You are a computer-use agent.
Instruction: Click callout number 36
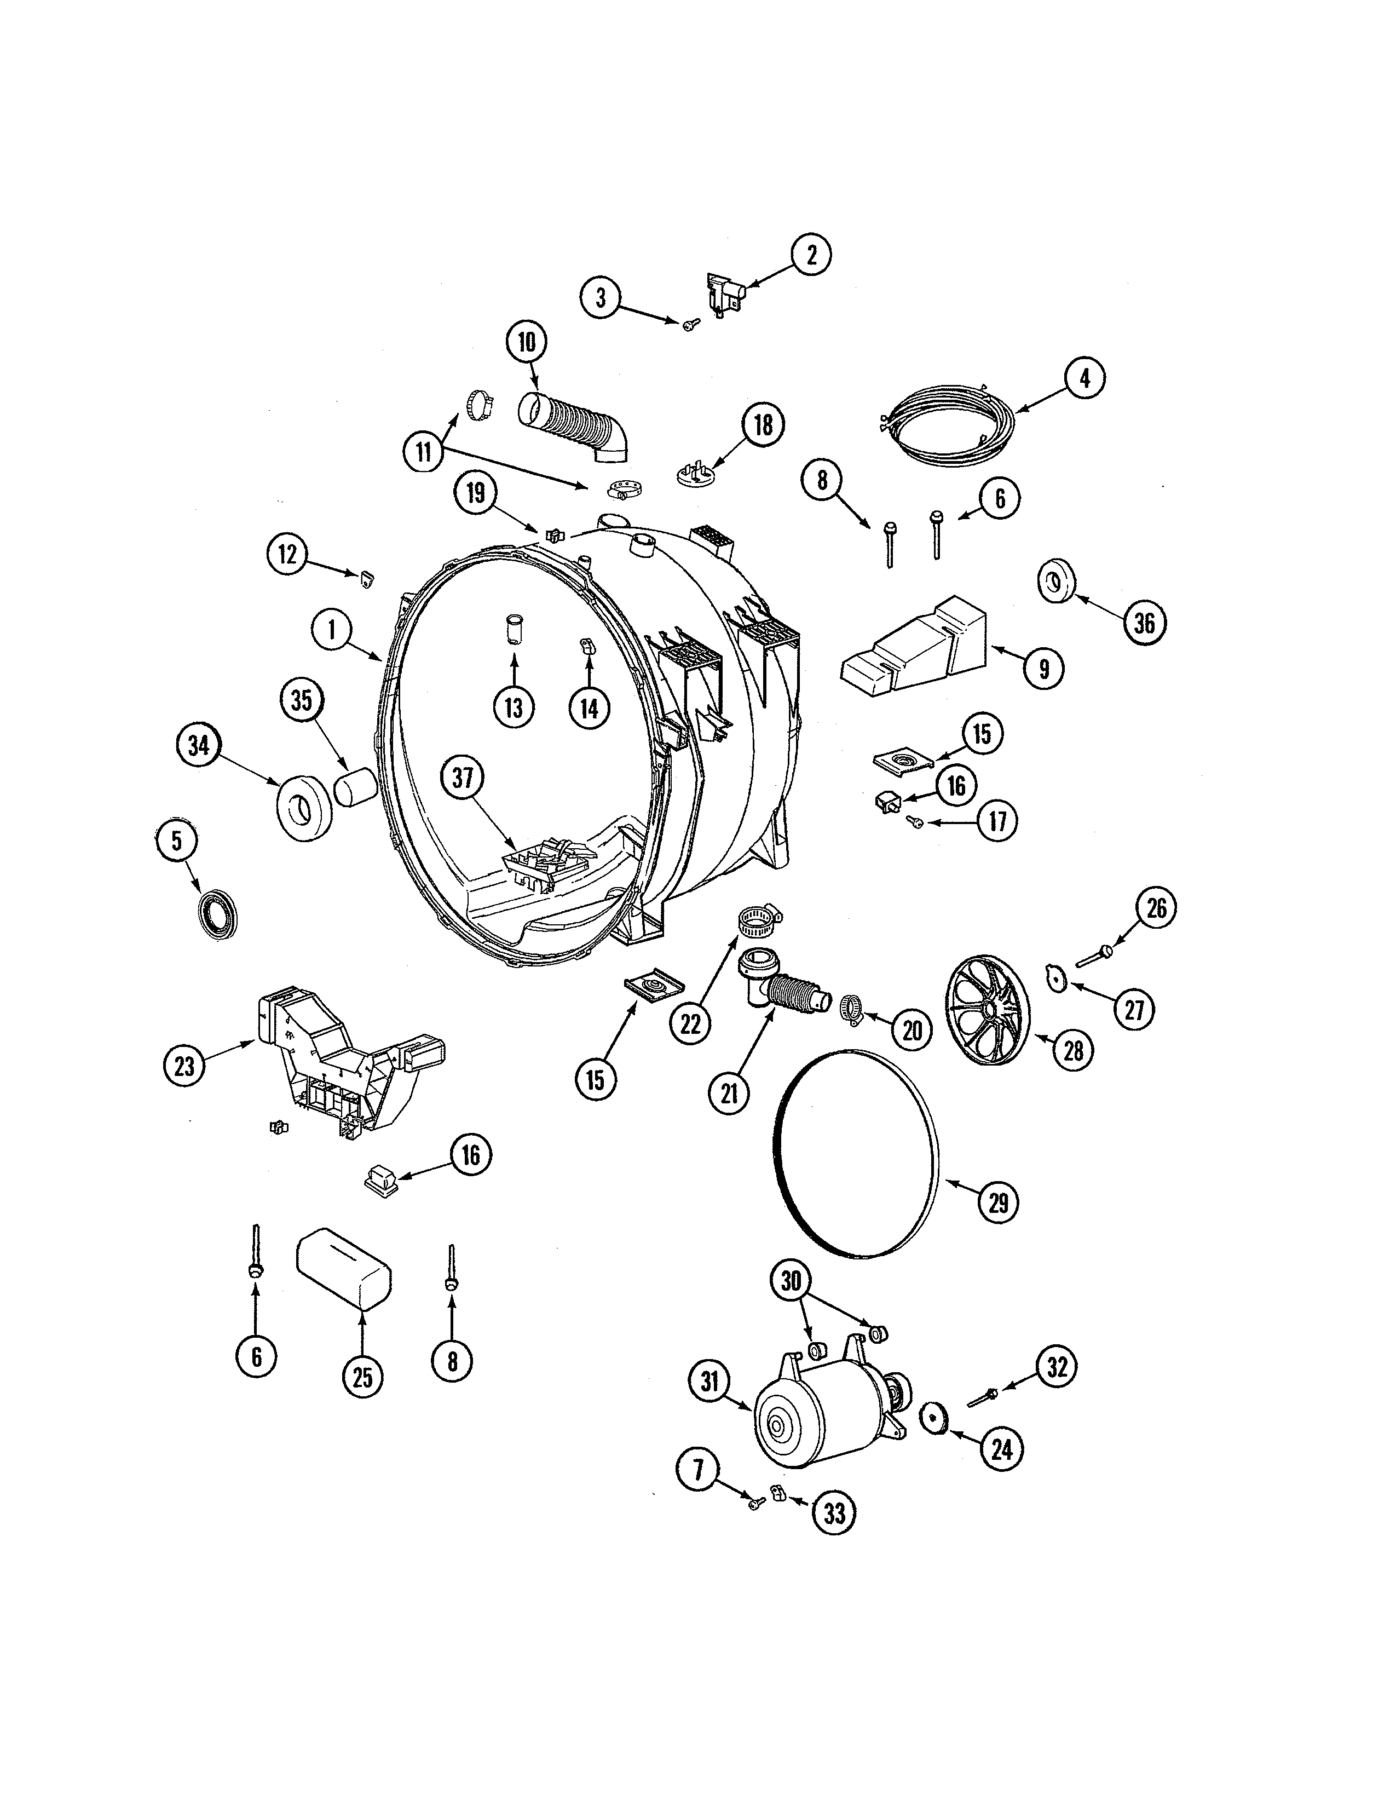[x=1145, y=623]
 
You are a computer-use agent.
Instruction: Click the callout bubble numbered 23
[x=184, y=1066]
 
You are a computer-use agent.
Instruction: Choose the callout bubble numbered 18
[x=763, y=424]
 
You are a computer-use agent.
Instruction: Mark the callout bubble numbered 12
[x=287, y=554]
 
